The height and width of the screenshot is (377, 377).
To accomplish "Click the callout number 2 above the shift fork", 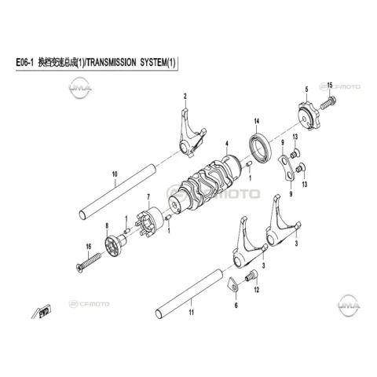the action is coord(185,97).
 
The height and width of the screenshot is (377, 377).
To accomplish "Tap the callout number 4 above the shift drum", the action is coord(227,144).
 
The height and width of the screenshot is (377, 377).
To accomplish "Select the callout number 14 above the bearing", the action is coord(257,121).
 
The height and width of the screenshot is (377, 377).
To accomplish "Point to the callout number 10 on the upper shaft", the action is coord(115,174).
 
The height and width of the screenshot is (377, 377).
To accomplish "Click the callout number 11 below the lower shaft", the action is coord(192,313).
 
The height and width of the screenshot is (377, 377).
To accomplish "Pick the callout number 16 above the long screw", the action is coord(89,247).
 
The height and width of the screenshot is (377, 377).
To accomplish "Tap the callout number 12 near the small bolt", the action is coord(257,290).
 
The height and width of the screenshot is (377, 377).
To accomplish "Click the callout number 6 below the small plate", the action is coord(236,306).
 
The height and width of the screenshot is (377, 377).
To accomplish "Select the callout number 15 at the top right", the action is coord(330,85).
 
